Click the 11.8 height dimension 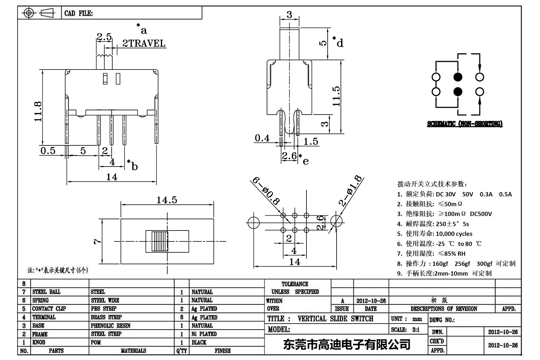click(x=37, y=111)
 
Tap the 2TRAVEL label click(x=144, y=43)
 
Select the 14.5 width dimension click(x=167, y=200)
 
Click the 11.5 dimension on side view click(x=336, y=96)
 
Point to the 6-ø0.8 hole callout click(x=266, y=191)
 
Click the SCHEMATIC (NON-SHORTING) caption click(x=464, y=124)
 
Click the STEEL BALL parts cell click(x=46, y=292)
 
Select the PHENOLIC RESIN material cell click(x=110, y=326)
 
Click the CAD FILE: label click(x=79, y=14)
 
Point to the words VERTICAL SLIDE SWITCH click(x=335, y=319)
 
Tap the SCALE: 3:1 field click(x=405, y=330)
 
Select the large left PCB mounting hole click(x=253, y=222)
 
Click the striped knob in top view click(x=160, y=241)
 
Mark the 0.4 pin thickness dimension click(x=262, y=138)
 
